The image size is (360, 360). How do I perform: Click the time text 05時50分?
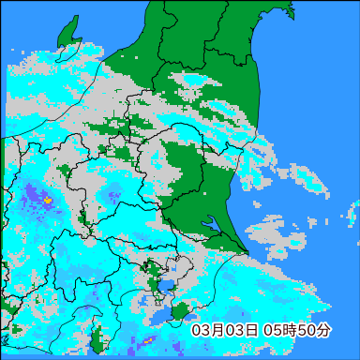tap(297, 330)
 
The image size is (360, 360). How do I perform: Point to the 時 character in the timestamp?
tap(289, 330)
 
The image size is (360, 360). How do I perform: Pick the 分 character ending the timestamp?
tap(324, 330)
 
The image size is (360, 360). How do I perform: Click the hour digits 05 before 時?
tap(274, 330)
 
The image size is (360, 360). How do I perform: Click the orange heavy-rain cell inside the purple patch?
tap(48, 200)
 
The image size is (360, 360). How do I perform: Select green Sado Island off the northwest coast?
tap(67, 37)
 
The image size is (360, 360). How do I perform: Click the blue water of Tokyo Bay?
tap(167, 284)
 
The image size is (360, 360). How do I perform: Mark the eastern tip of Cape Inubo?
tap(247, 249)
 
